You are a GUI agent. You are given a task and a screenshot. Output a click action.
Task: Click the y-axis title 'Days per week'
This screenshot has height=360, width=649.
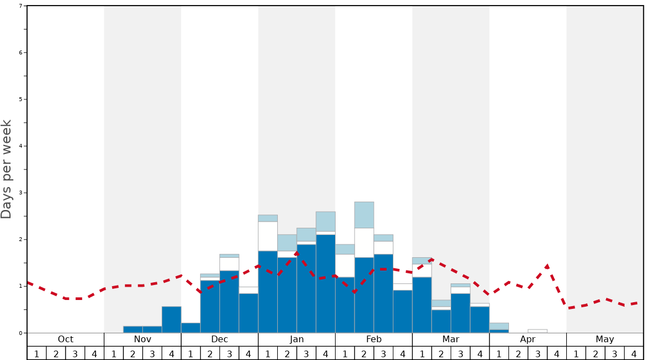[7, 169]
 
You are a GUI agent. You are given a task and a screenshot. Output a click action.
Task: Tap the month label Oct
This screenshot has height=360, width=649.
[66, 339]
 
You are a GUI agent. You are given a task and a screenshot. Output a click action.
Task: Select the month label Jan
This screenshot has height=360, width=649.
[297, 339]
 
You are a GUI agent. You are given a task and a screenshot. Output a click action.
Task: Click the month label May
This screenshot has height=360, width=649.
[605, 339]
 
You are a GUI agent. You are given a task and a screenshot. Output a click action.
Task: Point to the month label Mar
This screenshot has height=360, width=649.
[451, 339]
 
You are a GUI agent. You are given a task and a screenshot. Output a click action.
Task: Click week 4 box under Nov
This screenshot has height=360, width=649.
[171, 353]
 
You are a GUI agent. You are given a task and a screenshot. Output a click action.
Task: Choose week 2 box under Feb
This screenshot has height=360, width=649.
[364, 353]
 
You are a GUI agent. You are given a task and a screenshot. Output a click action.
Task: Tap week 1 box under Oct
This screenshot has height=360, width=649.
[37, 353]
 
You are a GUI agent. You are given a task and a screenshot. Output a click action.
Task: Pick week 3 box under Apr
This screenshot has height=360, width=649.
[537, 353]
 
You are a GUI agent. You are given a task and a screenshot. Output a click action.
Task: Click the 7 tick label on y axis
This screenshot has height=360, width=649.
[21, 6]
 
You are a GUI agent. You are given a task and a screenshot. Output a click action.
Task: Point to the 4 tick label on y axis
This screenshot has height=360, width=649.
[21, 146]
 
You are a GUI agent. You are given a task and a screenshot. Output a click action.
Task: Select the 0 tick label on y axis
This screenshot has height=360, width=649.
[21, 333]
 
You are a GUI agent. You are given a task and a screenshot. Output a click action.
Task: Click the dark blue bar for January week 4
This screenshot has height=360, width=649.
[326, 283]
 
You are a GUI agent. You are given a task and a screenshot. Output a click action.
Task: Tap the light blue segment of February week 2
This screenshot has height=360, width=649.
[364, 215]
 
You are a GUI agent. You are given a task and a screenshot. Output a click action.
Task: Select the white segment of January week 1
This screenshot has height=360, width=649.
[268, 236]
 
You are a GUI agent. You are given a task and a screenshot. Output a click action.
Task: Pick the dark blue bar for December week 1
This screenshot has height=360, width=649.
[191, 328]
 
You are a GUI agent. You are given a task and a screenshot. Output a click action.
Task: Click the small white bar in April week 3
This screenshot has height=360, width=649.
[537, 331]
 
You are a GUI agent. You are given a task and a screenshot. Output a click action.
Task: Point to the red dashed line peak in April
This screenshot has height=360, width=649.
[547, 266]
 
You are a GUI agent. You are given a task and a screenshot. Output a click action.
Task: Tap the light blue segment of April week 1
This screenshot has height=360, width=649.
[499, 326]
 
